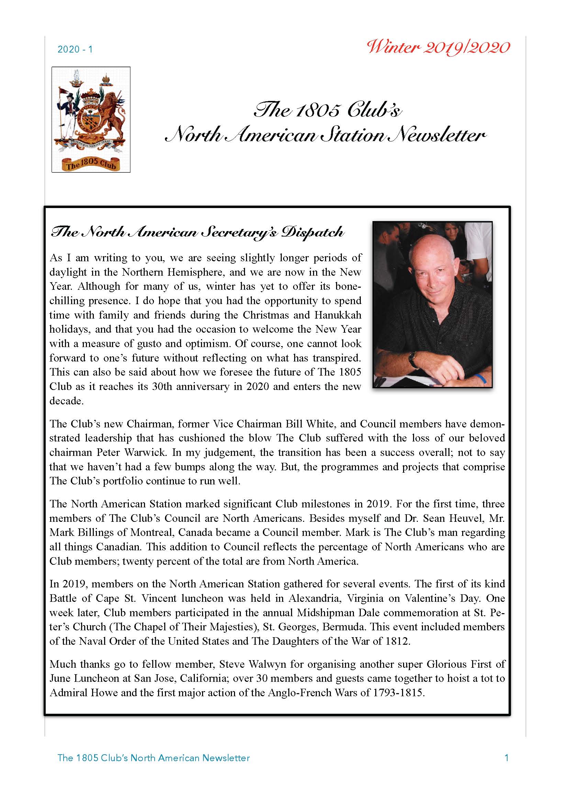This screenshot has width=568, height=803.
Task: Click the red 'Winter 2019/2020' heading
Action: coord(438,48)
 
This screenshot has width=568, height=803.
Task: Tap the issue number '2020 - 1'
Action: coord(75,49)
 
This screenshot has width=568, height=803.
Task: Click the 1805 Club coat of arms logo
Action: coord(91,119)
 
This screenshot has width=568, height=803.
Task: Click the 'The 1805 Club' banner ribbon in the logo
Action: coord(91,163)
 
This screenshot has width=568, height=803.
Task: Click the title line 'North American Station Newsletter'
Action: coord(325,135)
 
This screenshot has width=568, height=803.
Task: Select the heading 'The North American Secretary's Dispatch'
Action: coord(197,232)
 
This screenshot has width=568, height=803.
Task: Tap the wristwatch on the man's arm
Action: coord(414,359)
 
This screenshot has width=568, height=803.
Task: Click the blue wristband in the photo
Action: coord(481,378)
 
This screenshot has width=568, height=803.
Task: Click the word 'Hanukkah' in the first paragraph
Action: coord(337,315)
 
